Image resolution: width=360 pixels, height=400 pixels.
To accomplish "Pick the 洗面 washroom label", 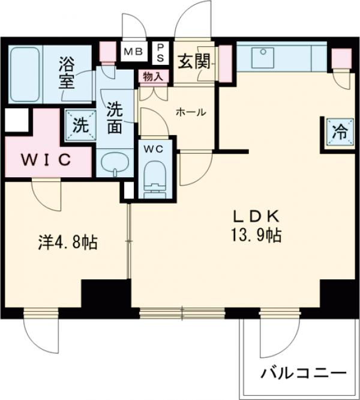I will coord(116,118).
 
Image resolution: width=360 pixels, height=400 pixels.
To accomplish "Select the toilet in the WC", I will coord(154,178).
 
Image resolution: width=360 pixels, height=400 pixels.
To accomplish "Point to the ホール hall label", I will coord(190,112).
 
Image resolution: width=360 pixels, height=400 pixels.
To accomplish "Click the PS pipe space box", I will coord(161,50).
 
